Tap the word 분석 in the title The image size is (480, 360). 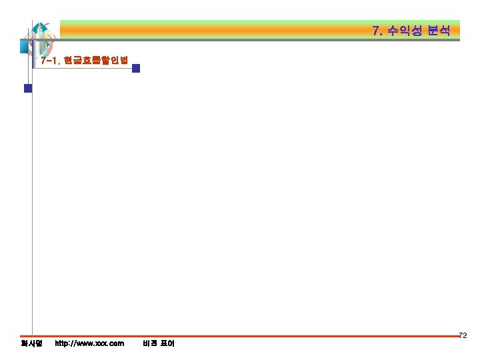coord(439,31)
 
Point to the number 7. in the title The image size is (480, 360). coord(378,31)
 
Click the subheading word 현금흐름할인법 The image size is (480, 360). coord(95,60)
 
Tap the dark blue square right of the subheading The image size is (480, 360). coord(136,68)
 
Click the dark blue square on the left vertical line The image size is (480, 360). coord(28,88)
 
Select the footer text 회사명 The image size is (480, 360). coord(31,343)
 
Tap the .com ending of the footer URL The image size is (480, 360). coord(115,343)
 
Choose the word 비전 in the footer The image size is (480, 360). coord(150,343)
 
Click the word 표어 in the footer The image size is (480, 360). coord(167,343)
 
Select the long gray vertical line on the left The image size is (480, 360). coord(32,200)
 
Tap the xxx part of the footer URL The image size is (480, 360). coord(96,343)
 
